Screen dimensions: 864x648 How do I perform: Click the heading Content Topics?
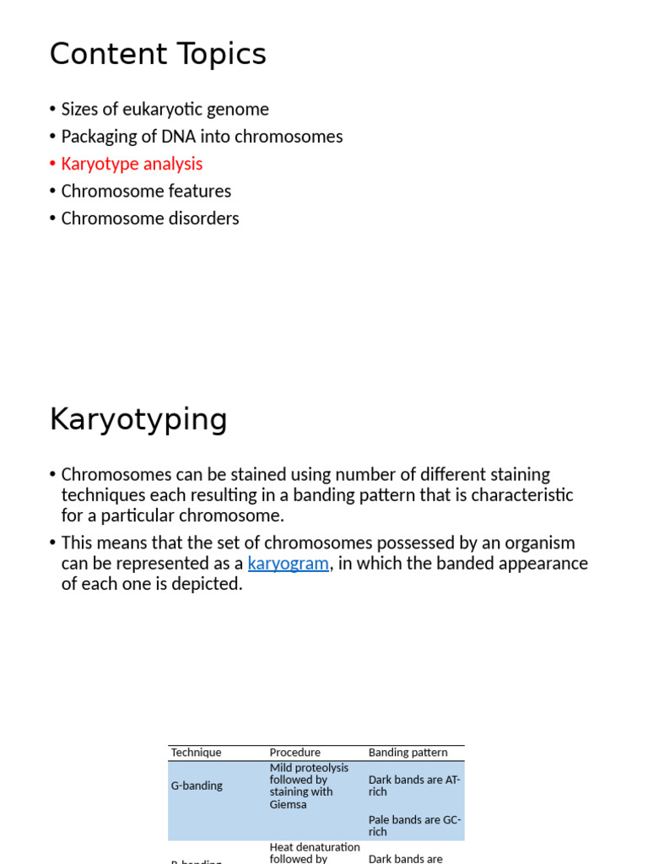pyautogui.click(x=158, y=55)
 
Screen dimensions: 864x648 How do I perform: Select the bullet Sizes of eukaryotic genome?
pyautogui.click(x=165, y=109)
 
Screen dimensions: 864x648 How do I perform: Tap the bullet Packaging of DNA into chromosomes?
pyautogui.click(x=202, y=137)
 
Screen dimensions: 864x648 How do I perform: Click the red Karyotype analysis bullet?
pyautogui.click(x=132, y=164)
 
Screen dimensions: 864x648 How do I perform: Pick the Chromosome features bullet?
pyautogui.click(x=146, y=192)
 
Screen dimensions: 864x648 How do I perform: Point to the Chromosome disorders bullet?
pyautogui.click(x=150, y=219)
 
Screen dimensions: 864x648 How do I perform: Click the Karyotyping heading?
pyautogui.click(x=138, y=419)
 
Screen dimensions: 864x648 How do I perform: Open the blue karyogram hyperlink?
pyautogui.click(x=288, y=564)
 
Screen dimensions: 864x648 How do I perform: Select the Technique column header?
pyautogui.click(x=196, y=753)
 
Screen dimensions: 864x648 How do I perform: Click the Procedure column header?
pyautogui.click(x=294, y=753)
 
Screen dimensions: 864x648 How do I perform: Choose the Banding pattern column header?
pyautogui.click(x=408, y=753)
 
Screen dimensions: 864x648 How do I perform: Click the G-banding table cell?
pyautogui.click(x=197, y=786)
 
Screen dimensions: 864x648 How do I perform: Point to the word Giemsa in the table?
pyautogui.click(x=289, y=804)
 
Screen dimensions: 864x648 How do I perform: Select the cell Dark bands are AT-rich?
pyautogui.click(x=414, y=786)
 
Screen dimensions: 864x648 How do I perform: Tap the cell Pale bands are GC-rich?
pyautogui.click(x=414, y=825)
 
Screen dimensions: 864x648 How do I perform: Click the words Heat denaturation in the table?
pyautogui.click(x=314, y=847)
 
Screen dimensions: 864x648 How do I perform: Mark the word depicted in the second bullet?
pyautogui.click(x=207, y=584)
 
